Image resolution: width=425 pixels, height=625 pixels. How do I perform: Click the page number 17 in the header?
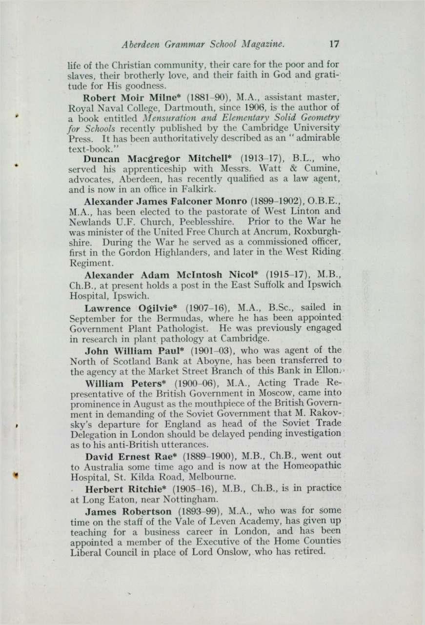pyautogui.click(x=334, y=44)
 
